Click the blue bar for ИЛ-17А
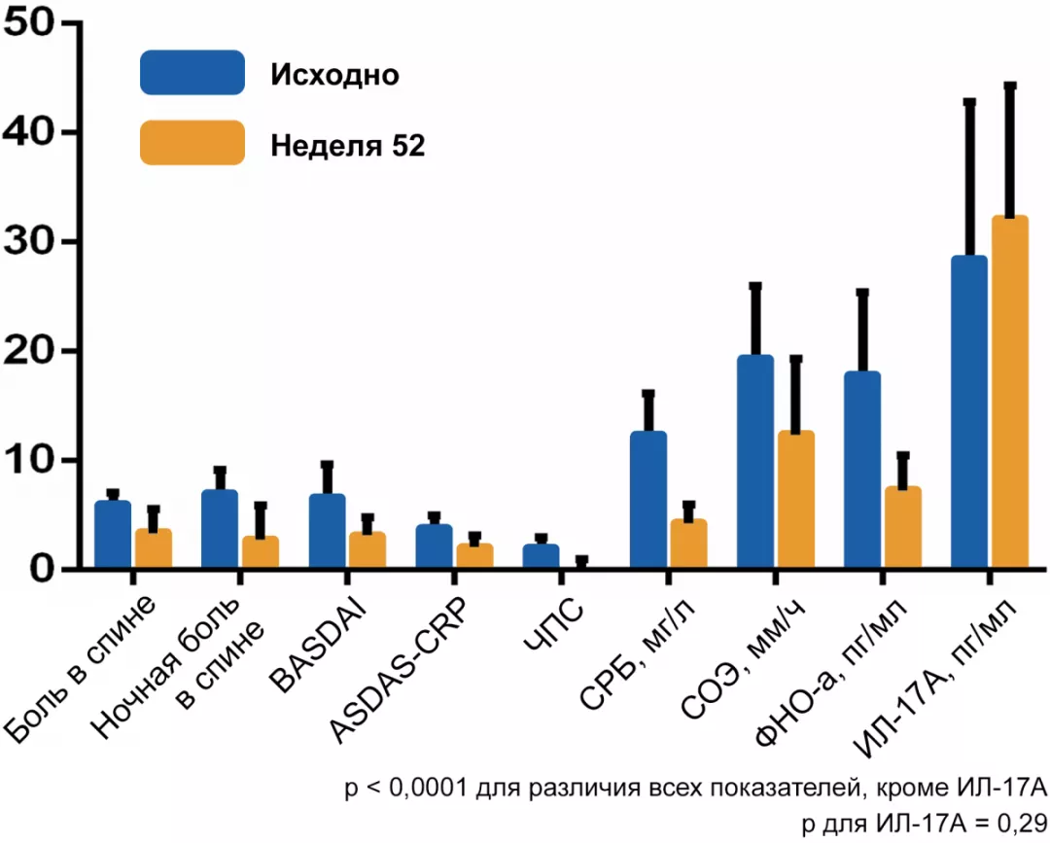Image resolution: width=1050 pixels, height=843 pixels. [969, 412]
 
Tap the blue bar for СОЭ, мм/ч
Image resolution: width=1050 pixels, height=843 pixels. [755, 462]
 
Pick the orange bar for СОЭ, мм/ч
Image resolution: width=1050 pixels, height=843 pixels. [795, 500]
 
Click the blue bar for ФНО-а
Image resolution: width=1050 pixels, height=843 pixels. [862, 471]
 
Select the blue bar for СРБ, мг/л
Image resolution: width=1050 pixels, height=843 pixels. [648, 500]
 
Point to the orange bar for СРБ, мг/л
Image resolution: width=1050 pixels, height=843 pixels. [688, 544]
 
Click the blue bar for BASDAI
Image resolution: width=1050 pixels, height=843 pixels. [328, 531]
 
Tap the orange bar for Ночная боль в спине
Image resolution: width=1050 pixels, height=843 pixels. [260, 551]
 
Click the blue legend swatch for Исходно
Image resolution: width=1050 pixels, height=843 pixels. [192, 73]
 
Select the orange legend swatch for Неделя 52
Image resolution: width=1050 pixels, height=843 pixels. [192, 143]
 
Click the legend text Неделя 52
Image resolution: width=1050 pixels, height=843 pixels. [347, 145]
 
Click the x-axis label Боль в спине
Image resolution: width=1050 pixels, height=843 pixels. [82, 672]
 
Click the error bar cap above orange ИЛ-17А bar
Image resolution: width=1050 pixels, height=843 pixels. [1010, 86]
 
